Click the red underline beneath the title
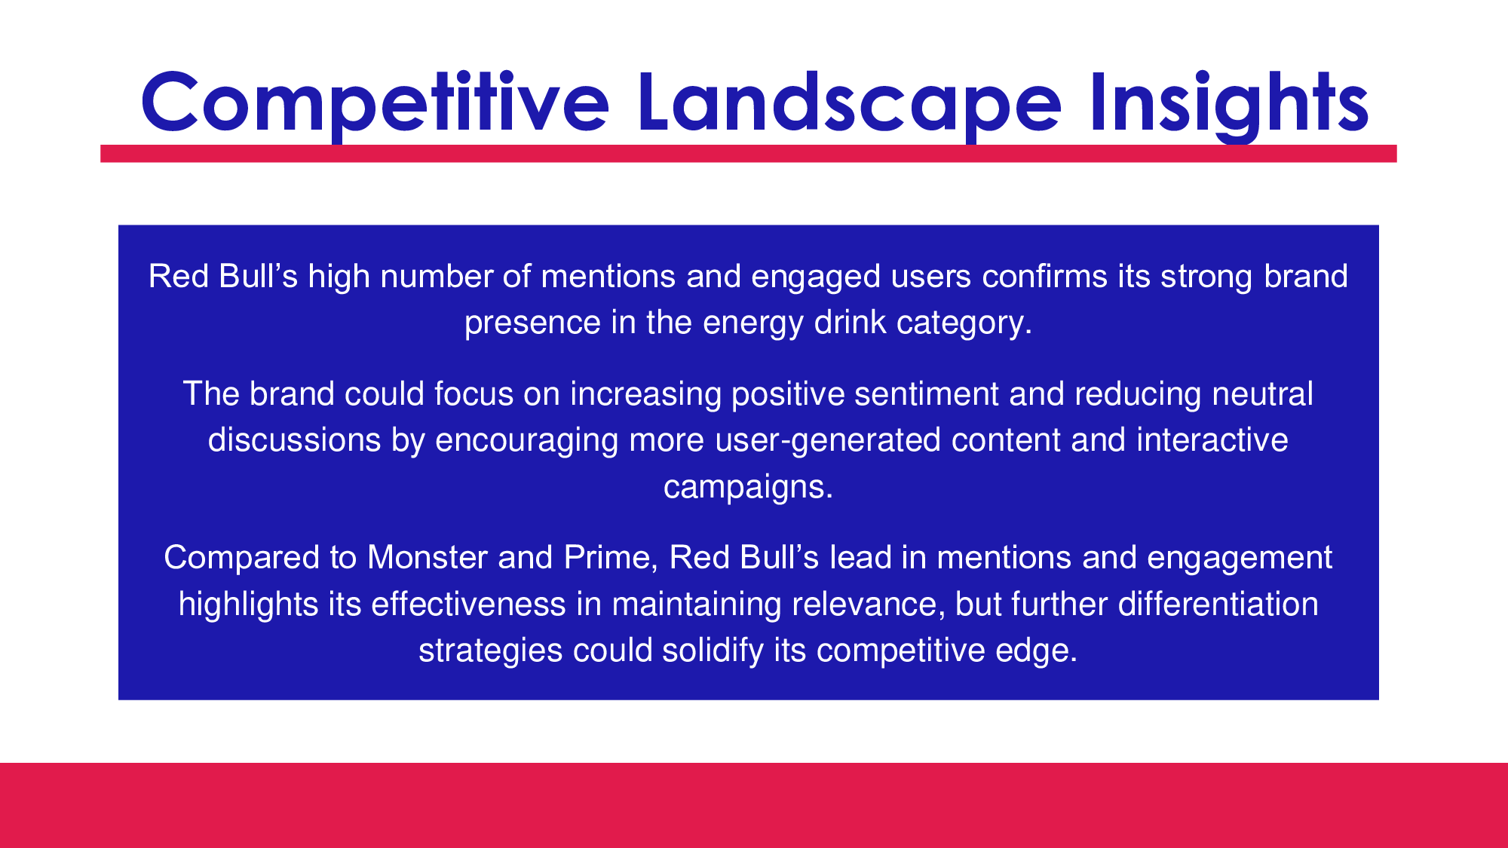(x=749, y=153)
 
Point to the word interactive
(x=1212, y=440)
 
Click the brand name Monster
(x=428, y=558)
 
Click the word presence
(x=532, y=323)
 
